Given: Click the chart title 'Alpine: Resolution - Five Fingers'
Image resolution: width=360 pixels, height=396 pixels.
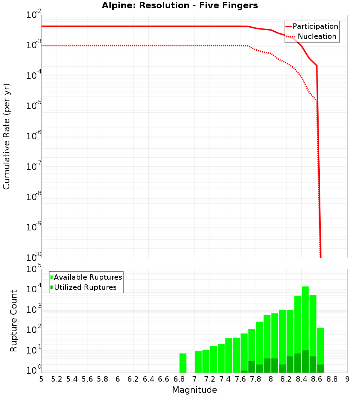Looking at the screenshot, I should point(180,5).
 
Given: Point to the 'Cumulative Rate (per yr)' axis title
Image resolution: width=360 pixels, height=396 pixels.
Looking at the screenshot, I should point(6,136).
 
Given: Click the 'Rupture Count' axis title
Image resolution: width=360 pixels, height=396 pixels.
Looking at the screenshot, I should point(14,321).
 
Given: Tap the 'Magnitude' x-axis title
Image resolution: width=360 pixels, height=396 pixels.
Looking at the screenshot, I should point(194,390).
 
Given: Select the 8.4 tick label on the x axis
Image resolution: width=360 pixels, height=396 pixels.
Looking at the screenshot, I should point(301,379).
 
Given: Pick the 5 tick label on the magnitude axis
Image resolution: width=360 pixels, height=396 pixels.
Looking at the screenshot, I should point(41,379).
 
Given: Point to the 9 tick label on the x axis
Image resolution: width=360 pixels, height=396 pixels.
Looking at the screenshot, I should point(347,379).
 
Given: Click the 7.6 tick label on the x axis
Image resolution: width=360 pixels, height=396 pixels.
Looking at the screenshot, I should point(240,379).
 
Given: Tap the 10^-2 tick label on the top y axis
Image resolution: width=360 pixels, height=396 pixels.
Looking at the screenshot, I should point(33,15).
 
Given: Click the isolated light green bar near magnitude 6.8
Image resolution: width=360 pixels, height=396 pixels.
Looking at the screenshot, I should point(183,363).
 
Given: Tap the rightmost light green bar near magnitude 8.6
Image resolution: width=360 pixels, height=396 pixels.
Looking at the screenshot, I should point(320,346).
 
